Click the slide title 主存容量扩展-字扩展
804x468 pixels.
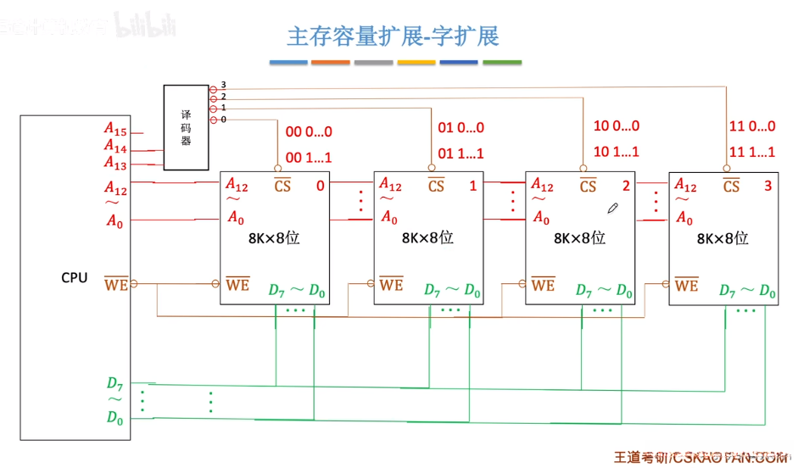click(x=393, y=36)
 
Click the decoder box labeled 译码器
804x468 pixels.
click(x=186, y=127)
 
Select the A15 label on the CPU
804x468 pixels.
click(x=115, y=129)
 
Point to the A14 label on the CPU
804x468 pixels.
click(x=115, y=147)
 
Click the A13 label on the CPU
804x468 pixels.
click(x=115, y=163)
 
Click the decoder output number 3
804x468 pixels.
click(x=223, y=85)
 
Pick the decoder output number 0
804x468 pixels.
click(x=223, y=120)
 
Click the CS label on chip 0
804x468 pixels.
click(x=282, y=186)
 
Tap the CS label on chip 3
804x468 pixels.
click(x=731, y=186)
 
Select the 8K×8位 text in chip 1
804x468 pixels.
click(x=427, y=238)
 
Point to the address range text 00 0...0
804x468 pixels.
click(x=309, y=131)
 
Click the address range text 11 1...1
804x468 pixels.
click(x=752, y=153)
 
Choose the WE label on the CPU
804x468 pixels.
click(x=115, y=284)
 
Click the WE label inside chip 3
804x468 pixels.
click(x=686, y=286)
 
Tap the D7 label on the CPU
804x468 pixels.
click(x=114, y=384)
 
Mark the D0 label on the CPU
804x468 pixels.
click(x=114, y=417)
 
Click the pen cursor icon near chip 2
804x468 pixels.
click(x=612, y=208)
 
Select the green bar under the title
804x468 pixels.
click(x=502, y=62)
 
